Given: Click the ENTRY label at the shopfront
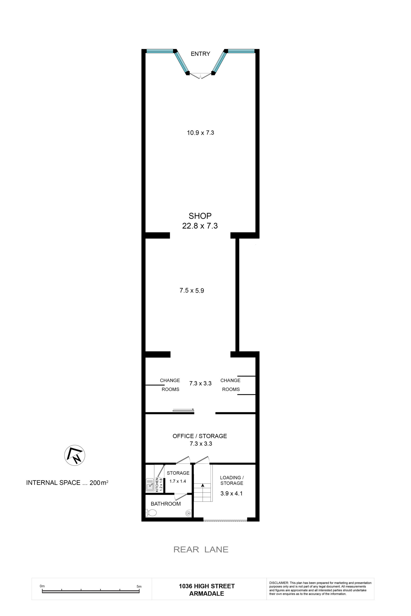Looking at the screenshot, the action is [200, 54].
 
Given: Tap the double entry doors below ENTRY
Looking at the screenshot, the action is [200, 76].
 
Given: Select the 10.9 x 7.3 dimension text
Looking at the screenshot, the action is [200, 133].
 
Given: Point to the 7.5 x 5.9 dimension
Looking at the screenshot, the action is [192, 290].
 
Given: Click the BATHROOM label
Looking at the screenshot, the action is [166, 504].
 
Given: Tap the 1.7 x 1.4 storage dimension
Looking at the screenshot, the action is [178, 481].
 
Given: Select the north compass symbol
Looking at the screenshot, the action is [75, 455].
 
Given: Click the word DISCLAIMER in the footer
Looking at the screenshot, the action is [279, 583].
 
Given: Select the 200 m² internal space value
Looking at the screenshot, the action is [99, 482].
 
